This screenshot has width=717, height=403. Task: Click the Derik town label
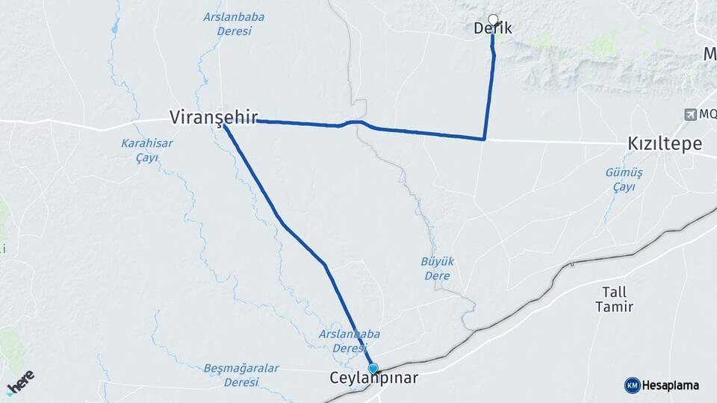click(x=493, y=29)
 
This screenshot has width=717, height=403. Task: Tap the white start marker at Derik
click(x=492, y=19)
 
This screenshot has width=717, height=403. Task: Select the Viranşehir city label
click(x=214, y=118)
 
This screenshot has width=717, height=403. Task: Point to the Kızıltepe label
click(x=665, y=145)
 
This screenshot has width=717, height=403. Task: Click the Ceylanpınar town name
click(x=373, y=379)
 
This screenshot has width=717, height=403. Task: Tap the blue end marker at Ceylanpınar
click(x=373, y=368)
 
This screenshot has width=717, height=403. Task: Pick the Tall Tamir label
click(x=614, y=299)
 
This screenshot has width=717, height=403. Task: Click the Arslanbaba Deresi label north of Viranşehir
click(x=227, y=24)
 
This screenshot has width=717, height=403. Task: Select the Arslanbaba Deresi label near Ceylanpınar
click(x=343, y=341)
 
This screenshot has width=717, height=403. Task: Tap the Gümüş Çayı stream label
click(x=624, y=179)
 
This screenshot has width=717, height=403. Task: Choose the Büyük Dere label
click(x=437, y=269)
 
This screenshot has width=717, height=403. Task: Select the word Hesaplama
click(x=671, y=385)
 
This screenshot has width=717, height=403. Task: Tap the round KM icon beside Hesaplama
click(x=632, y=385)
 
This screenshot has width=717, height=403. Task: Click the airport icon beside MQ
click(x=689, y=114)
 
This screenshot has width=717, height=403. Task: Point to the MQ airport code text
click(x=707, y=114)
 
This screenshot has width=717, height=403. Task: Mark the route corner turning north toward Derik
click(x=485, y=139)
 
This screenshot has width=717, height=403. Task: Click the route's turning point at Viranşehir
click(x=224, y=125)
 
